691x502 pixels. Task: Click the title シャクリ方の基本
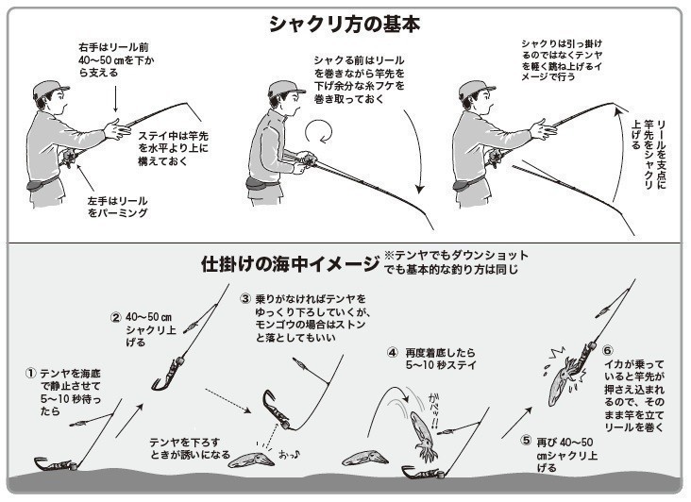click(x=345, y=24)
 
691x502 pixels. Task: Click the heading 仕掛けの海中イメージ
click(x=289, y=263)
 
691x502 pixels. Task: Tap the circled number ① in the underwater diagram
click(x=30, y=374)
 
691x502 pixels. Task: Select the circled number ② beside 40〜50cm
click(x=115, y=316)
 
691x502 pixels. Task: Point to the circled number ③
click(x=244, y=299)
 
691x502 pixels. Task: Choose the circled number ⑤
click(x=527, y=441)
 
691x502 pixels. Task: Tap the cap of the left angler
click(x=49, y=90)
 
